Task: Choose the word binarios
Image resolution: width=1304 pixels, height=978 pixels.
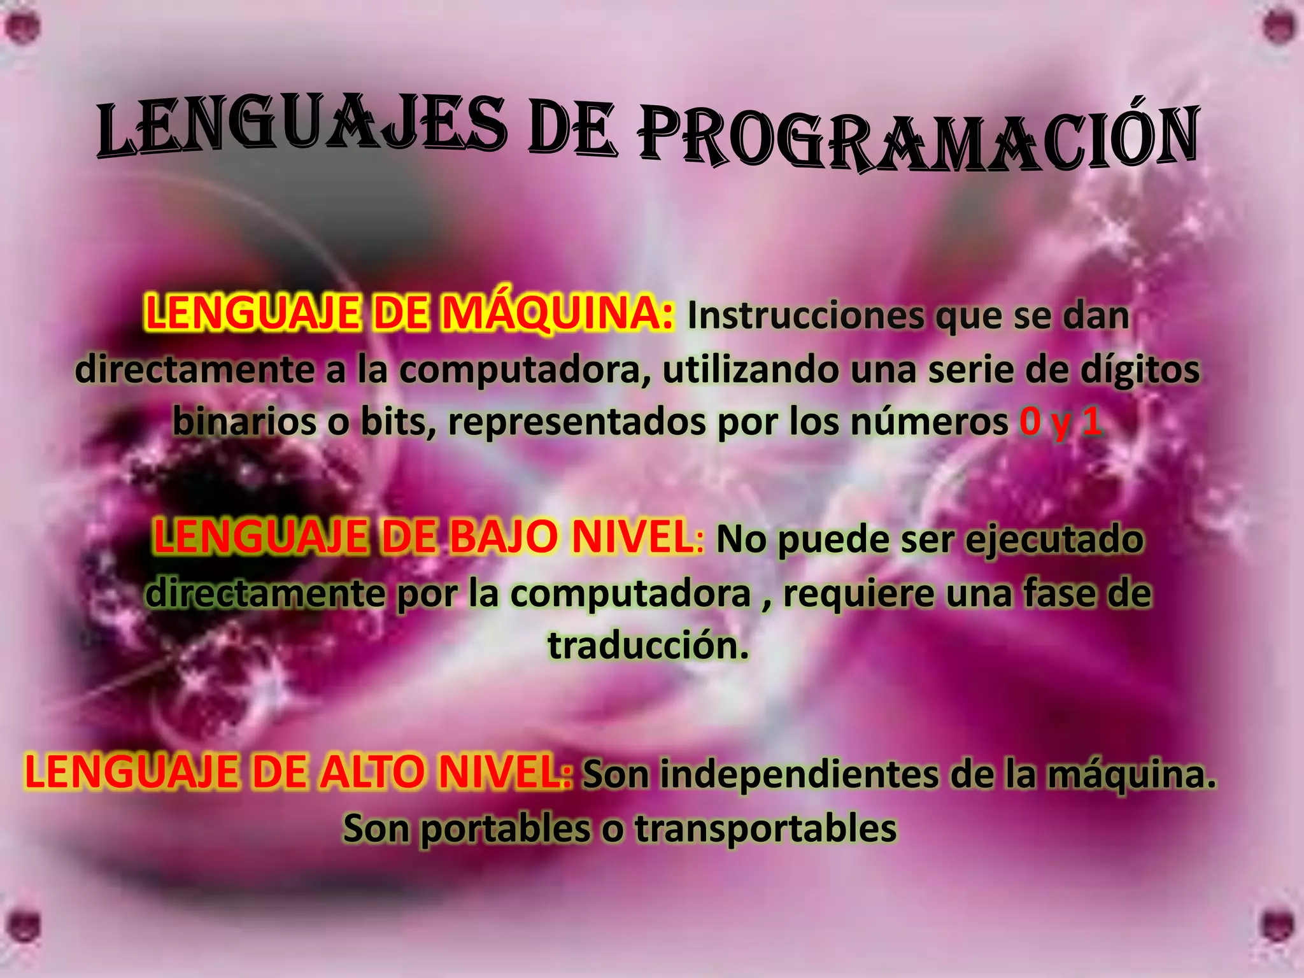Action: point(244,422)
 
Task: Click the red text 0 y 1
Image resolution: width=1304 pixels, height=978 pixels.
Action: point(1059,422)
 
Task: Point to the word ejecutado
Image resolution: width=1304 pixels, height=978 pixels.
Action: point(1054,541)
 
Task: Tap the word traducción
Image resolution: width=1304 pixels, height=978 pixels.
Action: point(648,646)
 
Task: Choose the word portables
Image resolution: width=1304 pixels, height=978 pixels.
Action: point(506,829)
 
